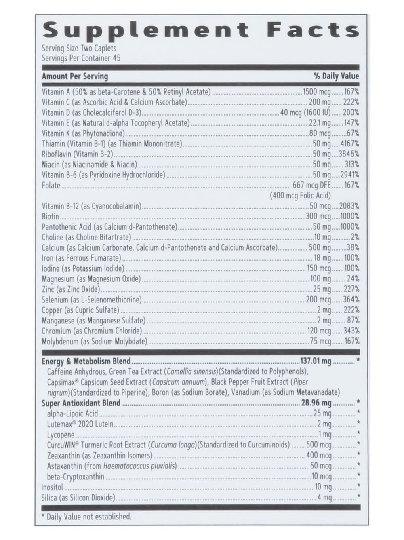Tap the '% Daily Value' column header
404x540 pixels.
click(336, 76)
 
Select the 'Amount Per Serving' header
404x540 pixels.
click(75, 76)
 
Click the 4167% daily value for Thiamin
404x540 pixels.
click(349, 143)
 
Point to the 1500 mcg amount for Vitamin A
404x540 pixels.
click(317, 92)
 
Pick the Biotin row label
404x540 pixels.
click(50, 217)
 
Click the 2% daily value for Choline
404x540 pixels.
click(355, 237)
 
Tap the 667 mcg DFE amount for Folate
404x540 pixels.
click(311, 186)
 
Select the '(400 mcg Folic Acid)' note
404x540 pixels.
click(300, 196)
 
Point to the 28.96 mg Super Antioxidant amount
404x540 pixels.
click(316, 403)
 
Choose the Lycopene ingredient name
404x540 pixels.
click(61, 435)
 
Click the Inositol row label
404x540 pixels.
click(53, 487)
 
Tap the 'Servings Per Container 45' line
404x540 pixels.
click(81, 58)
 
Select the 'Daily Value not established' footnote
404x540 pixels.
click(89, 517)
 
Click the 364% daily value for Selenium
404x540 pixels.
click(351, 300)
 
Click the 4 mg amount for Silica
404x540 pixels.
click(324, 498)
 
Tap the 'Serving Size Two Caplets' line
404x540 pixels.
click(79, 49)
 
